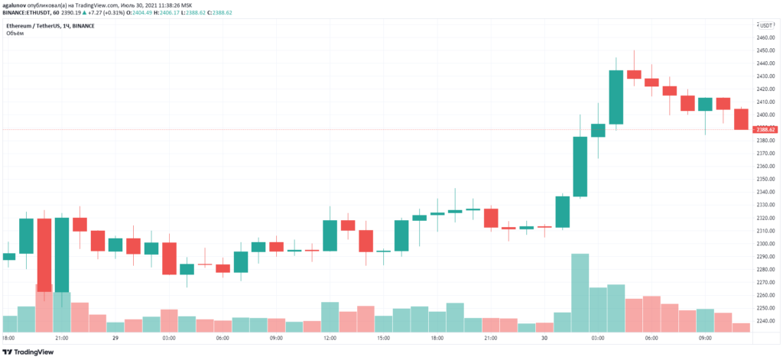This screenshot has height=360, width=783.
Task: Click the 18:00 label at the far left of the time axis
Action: pyautogui.click(x=8, y=338)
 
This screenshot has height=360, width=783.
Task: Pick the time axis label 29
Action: pyautogui.click(x=115, y=338)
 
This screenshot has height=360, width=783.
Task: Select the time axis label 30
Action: pyautogui.click(x=544, y=338)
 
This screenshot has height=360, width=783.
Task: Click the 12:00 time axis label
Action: pyautogui.click(x=330, y=338)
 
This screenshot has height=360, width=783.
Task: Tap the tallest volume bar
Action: pyautogui.click(x=580, y=293)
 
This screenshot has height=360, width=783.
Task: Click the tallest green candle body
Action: pyautogui.click(x=580, y=167)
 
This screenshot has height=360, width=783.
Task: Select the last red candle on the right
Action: pyautogui.click(x=741, y=119)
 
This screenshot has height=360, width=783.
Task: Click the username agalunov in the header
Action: pyautogui.click(x=18, y=5)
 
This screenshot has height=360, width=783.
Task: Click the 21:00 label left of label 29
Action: pyautogui.click(x=62, y=338)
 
